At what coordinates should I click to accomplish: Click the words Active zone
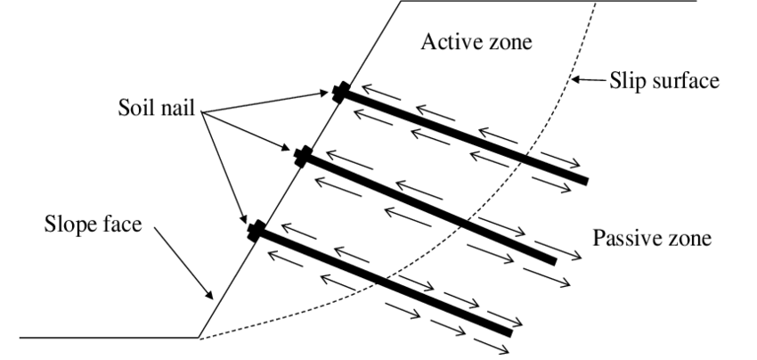[x=479, y=44]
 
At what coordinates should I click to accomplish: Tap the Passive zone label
[x=651, y=237]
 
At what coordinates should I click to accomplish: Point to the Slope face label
[x=91, y=224]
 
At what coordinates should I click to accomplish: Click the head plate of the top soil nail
[x=338, y=92]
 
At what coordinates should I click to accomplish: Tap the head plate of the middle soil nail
[x=303, y=158]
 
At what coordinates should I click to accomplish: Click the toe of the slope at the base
[x=197, y=338]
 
